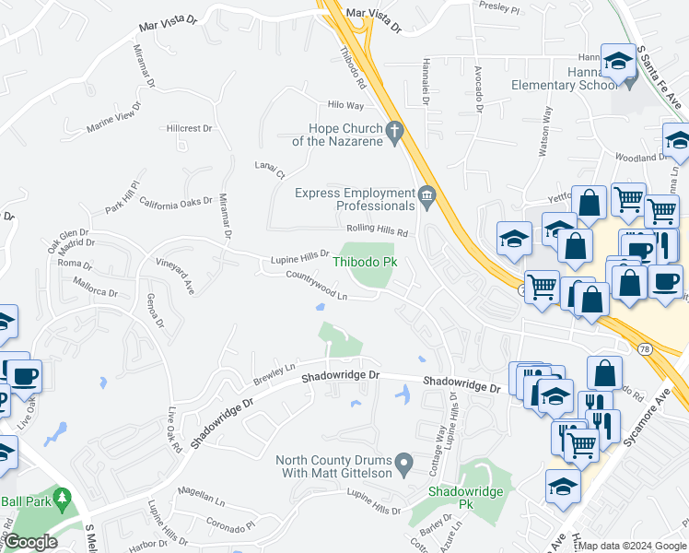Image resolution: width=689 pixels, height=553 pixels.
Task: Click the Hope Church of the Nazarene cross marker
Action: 396,134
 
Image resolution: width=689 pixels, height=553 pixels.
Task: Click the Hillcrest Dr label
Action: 190,129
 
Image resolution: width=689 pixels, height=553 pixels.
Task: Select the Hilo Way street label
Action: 334,106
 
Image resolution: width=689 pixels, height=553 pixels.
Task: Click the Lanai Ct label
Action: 271,169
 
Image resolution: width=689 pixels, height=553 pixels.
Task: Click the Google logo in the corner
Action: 30,542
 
